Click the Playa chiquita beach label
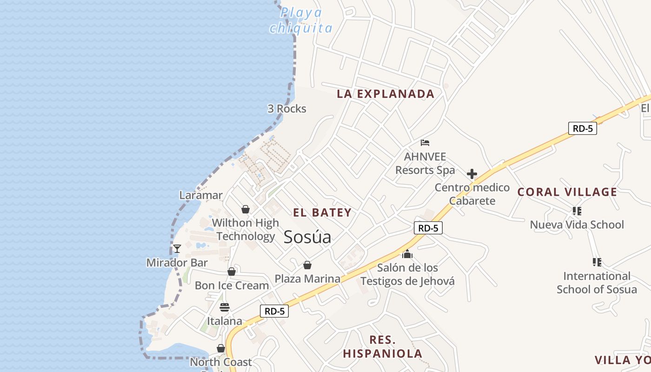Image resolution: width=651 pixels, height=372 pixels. click(x=301, y=20)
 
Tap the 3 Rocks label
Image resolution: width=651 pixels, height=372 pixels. click(x=287, y=109)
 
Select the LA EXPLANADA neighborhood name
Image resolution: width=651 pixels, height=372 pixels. click(x=385, y=94)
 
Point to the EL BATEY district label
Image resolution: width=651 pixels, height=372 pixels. click(x=322, y=213)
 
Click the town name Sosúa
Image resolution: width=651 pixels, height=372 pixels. click(x=307, y=237)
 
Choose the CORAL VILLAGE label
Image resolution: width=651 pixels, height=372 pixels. click(x=567, y=192)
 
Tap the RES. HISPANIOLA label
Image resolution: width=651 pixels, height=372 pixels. click(x=383, y=346)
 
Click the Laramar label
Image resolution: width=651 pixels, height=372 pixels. click(x=201, y=195)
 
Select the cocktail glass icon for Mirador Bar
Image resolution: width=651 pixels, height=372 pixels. click(x=177, y=249)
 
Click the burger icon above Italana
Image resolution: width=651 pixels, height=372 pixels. click(x=225, y=307)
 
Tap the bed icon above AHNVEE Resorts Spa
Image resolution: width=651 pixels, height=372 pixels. click(x=425, y=143)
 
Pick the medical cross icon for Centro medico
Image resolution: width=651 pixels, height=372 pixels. click(x=472, y=174)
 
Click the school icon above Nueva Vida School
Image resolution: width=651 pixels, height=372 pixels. click(x=577, y=211)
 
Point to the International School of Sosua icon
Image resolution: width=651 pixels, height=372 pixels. click(x=597, y=262)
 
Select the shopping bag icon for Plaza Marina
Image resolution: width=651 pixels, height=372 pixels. click(x=307, y=265)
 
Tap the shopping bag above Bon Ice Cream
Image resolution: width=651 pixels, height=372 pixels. click(x=232, y=272)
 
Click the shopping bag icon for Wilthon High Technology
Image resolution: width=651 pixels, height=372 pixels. click(x=246, y=209)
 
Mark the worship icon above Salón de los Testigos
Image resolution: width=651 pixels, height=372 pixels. click(x=407, y=254)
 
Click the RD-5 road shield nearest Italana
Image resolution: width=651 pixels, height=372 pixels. click(x=274, y=311)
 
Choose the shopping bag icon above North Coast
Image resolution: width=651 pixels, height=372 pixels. click(x=221, y=348)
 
